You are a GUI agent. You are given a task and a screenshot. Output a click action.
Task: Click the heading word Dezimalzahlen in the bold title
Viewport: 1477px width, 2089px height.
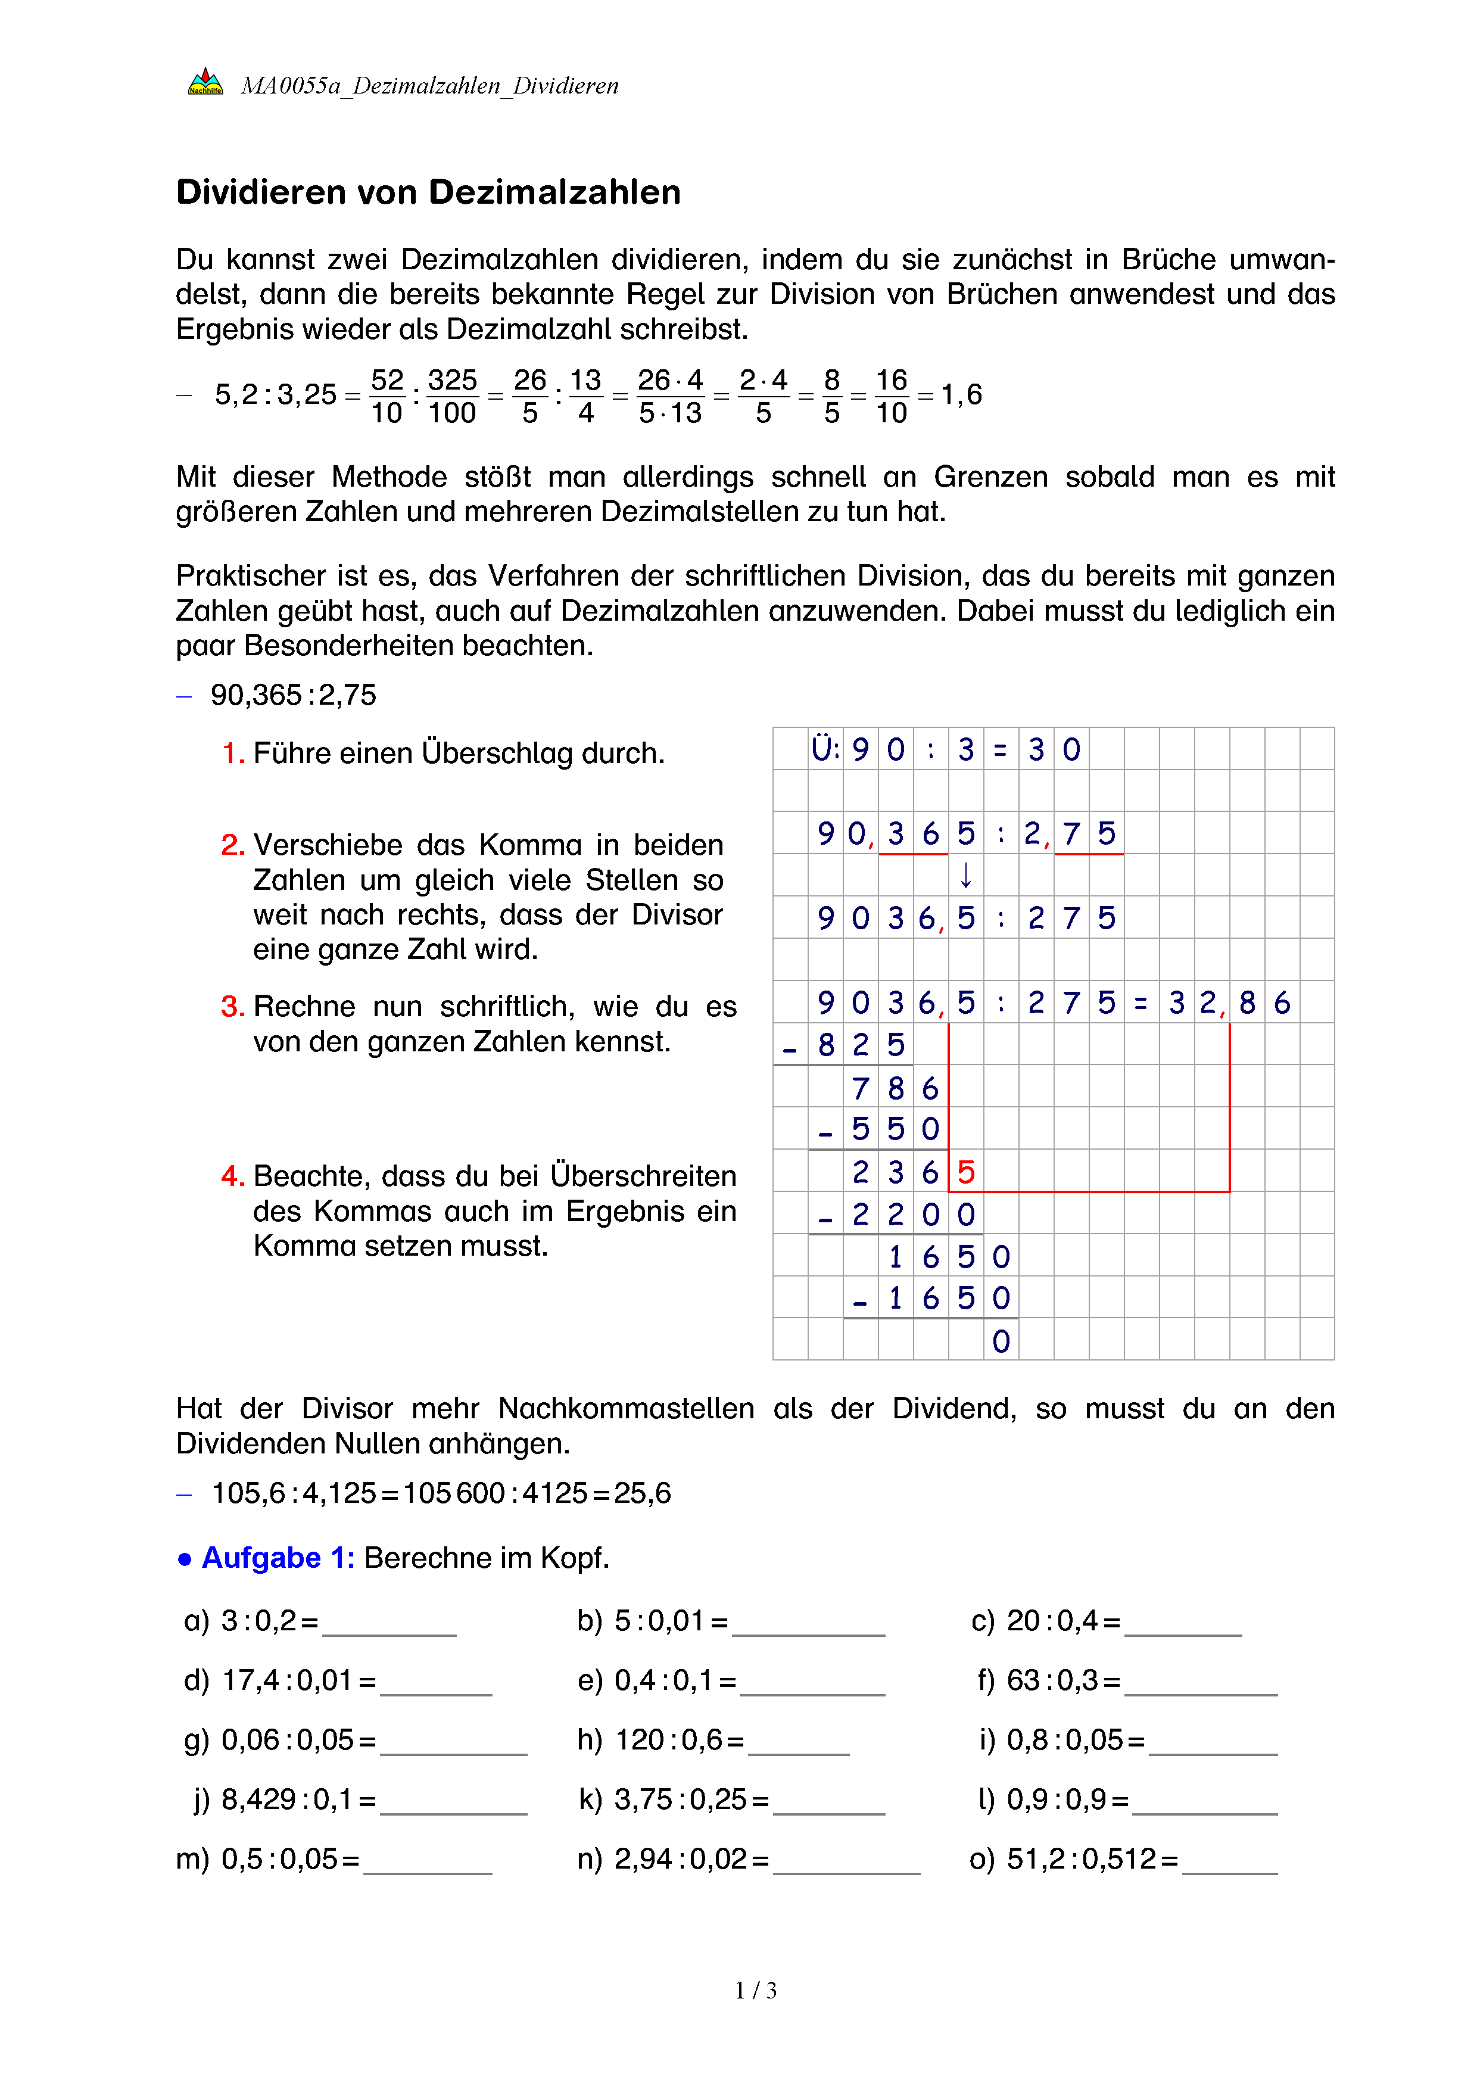554,193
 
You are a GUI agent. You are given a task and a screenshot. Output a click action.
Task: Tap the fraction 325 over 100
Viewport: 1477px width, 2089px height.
452,396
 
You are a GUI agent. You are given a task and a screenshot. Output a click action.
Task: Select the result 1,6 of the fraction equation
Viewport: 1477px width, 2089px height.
961,395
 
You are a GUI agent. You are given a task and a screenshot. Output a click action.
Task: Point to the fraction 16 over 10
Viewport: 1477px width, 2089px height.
892,396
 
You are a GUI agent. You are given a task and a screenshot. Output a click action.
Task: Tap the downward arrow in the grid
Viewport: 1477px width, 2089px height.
966,875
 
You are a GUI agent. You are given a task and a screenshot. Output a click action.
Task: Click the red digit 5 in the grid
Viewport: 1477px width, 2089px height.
966,1172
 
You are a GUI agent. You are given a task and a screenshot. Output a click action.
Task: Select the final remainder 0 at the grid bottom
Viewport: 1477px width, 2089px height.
1001,1341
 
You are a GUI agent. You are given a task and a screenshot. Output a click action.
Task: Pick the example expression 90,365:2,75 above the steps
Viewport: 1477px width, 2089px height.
293,695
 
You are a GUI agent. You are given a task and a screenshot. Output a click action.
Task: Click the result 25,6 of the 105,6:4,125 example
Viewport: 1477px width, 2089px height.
642,1493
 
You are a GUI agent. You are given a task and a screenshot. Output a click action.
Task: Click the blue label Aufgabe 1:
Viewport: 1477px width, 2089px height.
278,1558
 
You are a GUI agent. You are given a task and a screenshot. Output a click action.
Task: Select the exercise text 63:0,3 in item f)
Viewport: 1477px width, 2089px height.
1052,1680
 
